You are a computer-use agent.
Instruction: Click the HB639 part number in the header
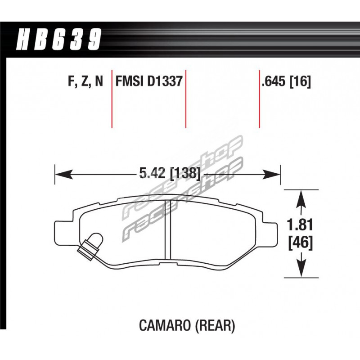(x=59, y=39)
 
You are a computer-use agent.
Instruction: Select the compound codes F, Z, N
(x=85, y=81)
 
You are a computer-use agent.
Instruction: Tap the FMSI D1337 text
(x=149, y=81)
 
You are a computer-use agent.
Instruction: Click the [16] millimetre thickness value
(x=300, y=82)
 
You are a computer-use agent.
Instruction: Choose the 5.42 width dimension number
(x=152, y=173)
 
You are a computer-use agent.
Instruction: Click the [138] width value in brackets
(x=184, y=173)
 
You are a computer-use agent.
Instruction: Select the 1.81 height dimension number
(x=301, y=225)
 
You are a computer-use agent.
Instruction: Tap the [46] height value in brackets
(x=301, y=243)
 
